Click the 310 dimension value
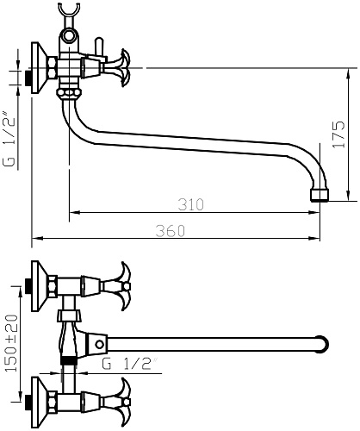[x=190, y=204]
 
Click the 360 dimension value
[x=171, y=231]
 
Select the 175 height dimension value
[x=338, y=134]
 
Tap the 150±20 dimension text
[x=12, y=343]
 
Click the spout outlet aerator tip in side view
[x=319, y=196]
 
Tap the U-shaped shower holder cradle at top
[x=69, y=11]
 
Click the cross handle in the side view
[x=119, y=68]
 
